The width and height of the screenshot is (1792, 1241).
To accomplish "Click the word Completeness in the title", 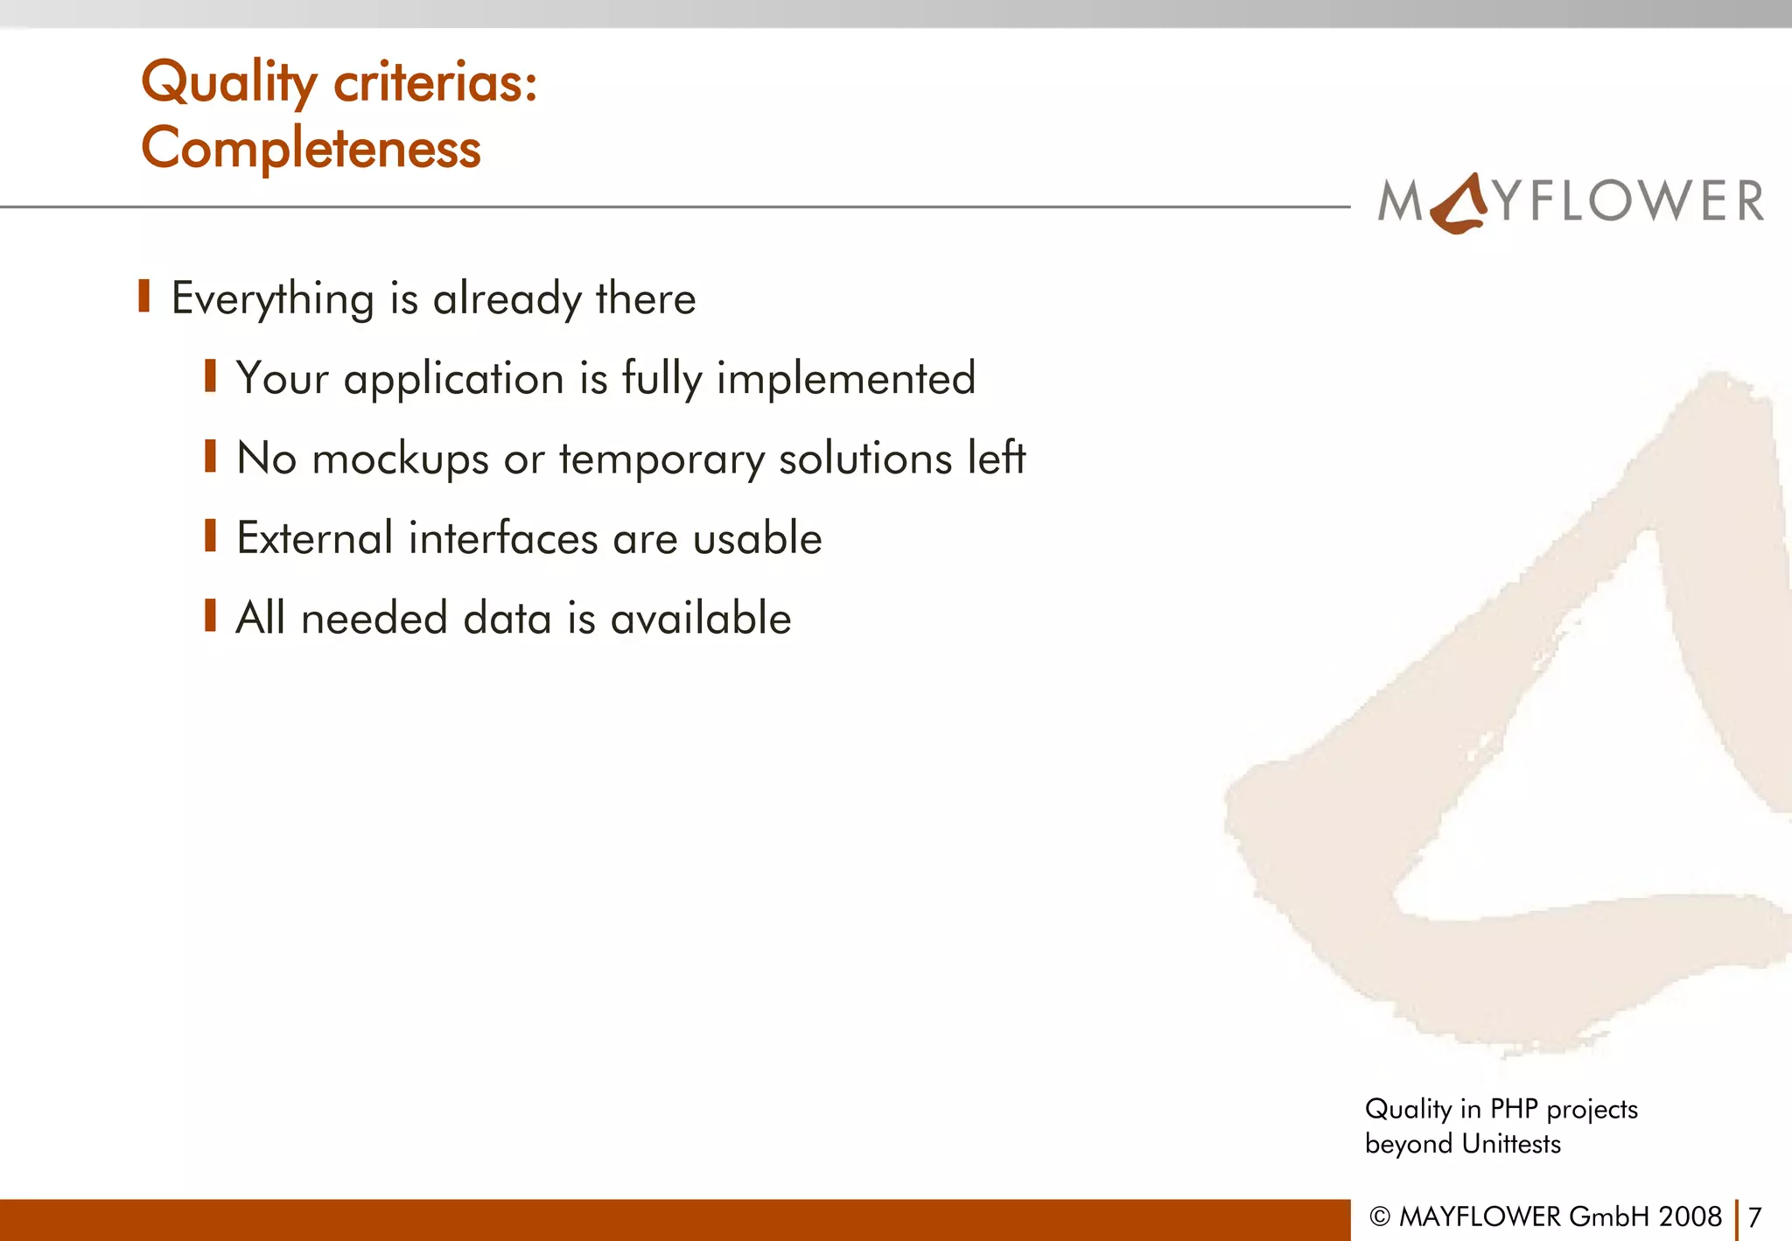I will click(x=311, y=147).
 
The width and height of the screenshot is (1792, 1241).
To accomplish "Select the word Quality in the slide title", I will click(x=229, y=82).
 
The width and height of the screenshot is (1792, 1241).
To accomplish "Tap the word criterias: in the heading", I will click(x=435, y=82).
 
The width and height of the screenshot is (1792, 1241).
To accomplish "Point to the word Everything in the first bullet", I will click(x=272, y=298).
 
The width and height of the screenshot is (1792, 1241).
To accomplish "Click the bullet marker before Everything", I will click(x=144, y=297).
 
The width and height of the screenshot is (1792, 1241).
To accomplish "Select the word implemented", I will click(x=845, y=378).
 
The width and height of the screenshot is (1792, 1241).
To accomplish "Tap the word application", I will click(x=453, y=380).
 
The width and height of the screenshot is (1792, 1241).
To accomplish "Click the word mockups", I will click(x=400, y=459).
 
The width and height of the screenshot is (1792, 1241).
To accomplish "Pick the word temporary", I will click(x=661, y=459).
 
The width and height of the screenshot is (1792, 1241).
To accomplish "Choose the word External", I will click(x=315, y=537).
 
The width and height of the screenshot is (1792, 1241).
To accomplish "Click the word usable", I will click(x=757, y=537).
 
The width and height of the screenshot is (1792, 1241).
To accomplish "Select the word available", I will click(x=700, y=618).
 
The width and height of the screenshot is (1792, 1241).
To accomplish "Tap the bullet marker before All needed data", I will click(x=210, y=615).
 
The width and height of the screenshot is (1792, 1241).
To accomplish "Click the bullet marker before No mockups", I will click(x=210, y=456).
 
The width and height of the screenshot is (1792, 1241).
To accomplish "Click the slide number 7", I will click(x=1753, y=1216).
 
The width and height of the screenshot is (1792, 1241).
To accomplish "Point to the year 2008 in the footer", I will click(x=1690, y=1216).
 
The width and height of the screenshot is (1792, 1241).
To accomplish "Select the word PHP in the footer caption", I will click(x=1514, y=1109).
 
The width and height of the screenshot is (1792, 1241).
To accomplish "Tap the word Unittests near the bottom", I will click(x=1511, y=1144).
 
